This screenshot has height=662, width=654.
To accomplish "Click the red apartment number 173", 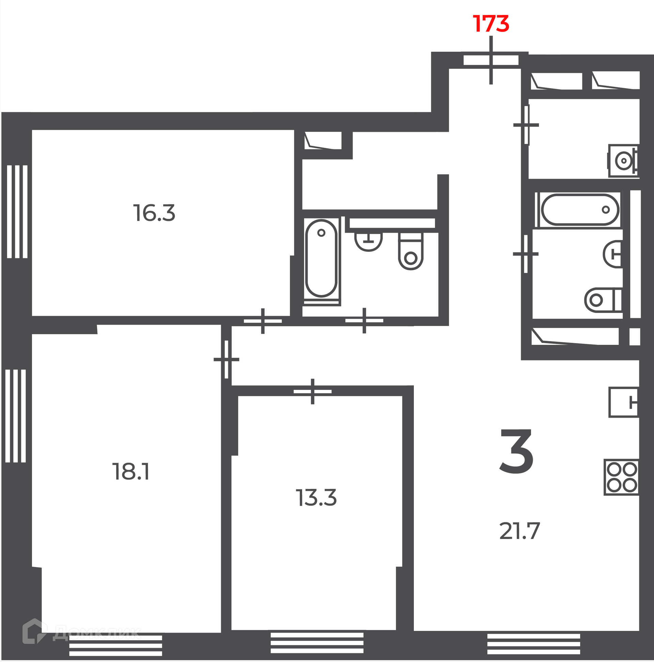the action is point(491,24).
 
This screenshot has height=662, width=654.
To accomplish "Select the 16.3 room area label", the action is point(154,213).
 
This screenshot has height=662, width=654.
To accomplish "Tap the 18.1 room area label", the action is point(131,472).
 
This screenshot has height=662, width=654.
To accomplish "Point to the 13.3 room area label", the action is point(316,498).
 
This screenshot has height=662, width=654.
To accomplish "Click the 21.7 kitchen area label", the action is point(520,531).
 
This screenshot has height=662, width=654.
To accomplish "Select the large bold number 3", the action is point(517,452).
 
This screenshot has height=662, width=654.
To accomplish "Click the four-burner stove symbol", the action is point(621,477).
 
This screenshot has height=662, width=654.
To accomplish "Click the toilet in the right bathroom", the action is point(603,300).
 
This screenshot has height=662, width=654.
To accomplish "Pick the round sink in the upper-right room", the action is point(623,160).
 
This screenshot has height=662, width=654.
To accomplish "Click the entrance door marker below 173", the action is point(491,60).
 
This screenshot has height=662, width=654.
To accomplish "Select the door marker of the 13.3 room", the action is point(312,391).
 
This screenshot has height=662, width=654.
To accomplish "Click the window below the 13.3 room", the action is point(317,643).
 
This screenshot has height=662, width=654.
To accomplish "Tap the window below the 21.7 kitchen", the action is point(534,644).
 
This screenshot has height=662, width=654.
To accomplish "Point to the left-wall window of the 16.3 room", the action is point(17,212).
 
